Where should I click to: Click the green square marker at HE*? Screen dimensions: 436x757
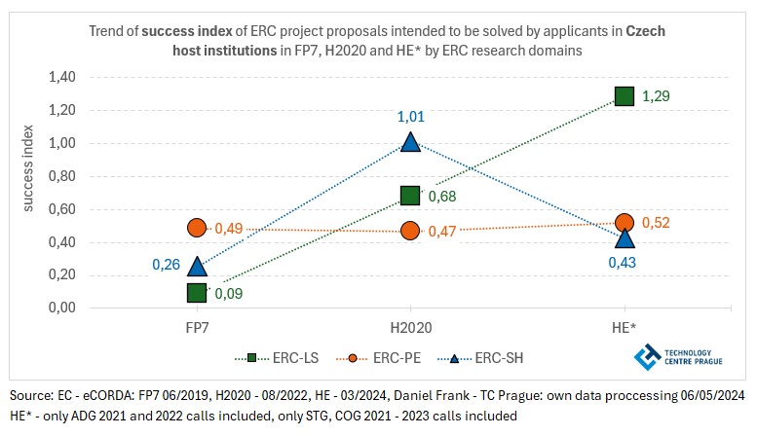pos(624,95)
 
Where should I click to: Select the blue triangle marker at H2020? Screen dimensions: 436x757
pos(410,142)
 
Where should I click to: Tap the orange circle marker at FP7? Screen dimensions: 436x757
pos(197,227)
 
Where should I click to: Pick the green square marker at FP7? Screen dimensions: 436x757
pos(197,292)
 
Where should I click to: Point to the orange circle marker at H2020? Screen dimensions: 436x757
pos(410,231)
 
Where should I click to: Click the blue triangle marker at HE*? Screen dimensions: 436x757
pos(624,237)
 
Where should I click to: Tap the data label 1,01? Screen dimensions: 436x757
pos(410,117)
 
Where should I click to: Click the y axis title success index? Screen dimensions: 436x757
pos(28,192)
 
